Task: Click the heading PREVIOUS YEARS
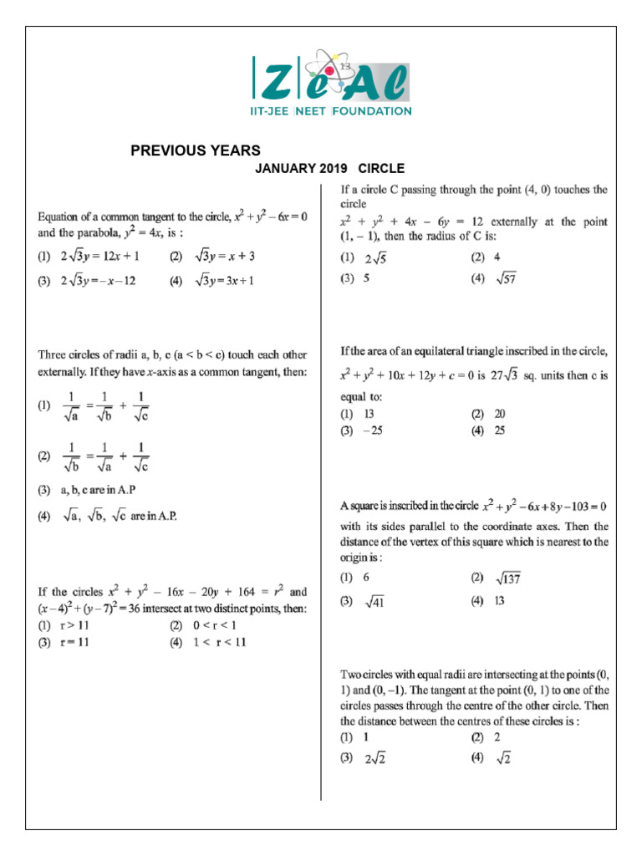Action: [x=196, y=150]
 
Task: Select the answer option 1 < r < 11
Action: [x=222, y=642]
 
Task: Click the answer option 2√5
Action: [x=374, y=259]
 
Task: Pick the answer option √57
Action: [x=505, y=279]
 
